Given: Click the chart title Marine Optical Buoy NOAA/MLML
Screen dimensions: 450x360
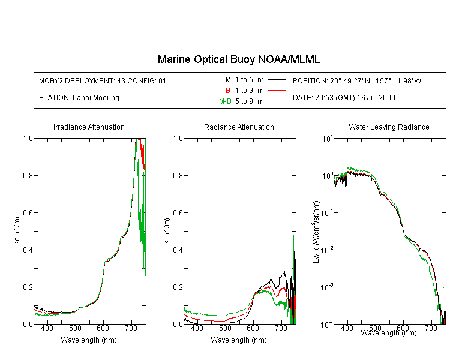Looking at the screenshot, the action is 238,59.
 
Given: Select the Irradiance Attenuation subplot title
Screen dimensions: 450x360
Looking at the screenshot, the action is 89,127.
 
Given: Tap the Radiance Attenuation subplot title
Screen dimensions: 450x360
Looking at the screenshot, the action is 239,127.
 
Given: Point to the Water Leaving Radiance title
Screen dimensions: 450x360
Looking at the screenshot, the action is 389,127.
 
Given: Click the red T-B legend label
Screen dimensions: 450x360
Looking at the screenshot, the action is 224,91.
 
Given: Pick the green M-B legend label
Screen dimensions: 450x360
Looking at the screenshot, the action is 225,101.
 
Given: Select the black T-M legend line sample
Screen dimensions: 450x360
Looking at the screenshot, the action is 277,80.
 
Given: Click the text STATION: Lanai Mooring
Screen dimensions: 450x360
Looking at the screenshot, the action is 79,98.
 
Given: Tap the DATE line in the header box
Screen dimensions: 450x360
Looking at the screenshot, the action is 344,98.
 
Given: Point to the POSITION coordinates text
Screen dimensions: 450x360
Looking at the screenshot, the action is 357,81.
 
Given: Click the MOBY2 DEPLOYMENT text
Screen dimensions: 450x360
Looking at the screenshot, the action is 103,81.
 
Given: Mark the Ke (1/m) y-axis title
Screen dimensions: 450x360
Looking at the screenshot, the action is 17,231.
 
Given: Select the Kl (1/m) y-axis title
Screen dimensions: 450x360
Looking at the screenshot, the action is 166,231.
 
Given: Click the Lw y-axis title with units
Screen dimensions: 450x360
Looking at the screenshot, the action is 316,232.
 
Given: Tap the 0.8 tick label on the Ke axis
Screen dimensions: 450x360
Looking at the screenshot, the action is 28,175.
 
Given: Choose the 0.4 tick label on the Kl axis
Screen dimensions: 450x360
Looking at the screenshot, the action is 178,250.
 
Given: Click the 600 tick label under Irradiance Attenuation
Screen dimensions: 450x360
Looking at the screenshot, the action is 103,328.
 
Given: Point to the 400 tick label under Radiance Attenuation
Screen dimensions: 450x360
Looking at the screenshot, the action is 197,328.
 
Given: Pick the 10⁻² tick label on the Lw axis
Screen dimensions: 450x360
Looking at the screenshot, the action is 327,250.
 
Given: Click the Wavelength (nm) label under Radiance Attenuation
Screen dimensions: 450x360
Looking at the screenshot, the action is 239,340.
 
